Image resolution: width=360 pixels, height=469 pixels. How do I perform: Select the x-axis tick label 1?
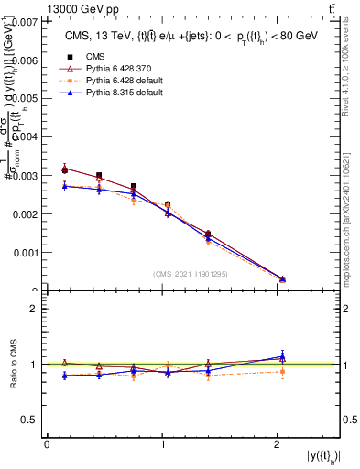click(163, 444)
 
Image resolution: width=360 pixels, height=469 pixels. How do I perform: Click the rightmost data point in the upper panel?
click(282, 278)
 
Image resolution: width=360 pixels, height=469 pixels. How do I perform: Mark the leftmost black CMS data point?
click(64, 169)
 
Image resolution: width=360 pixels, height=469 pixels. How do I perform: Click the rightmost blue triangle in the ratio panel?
click(282, 356)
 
